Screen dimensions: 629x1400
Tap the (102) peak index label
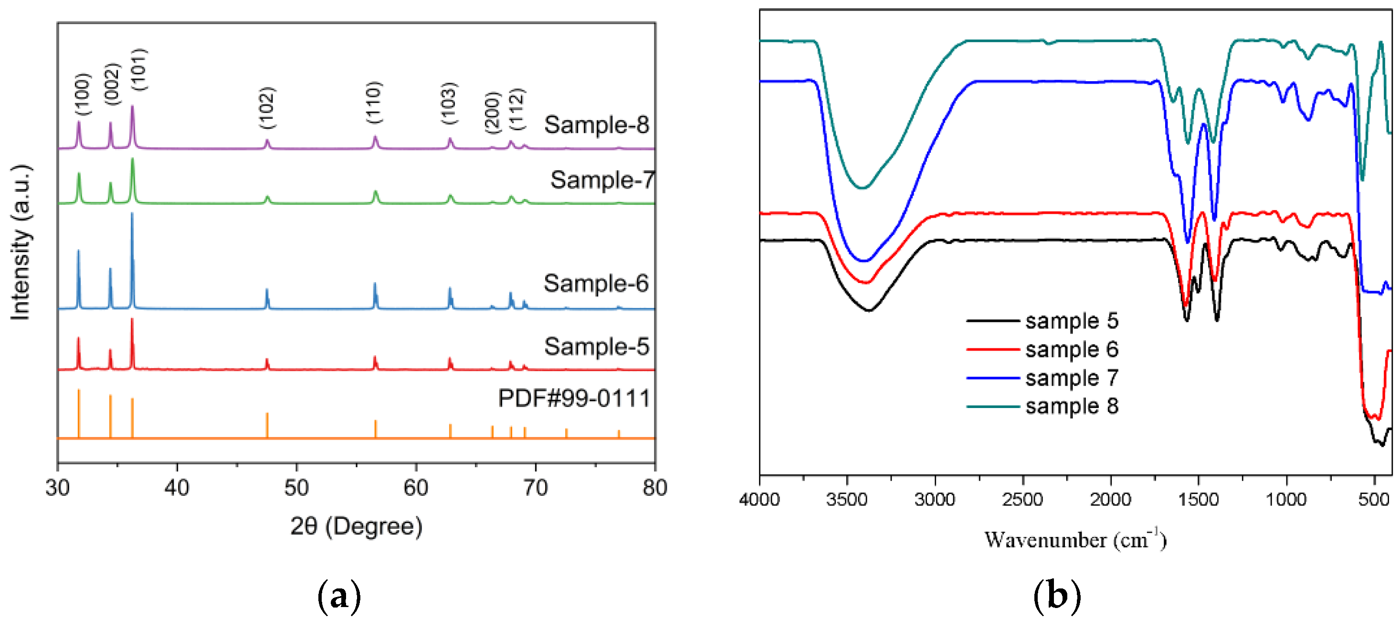[267, 107]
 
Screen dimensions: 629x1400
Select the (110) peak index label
[374, 102]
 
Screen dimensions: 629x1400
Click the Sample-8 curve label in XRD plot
[596, 125]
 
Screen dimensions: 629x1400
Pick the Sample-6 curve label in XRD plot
[596, 283]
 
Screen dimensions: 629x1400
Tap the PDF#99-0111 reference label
[574, 398]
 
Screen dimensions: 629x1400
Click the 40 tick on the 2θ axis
[177, 488]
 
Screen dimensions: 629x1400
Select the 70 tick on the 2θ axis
[536, 488]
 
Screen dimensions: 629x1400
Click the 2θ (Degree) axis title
[356, 526]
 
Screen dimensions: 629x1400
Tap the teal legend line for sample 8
[992, 406]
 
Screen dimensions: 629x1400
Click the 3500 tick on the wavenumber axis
[847, 499]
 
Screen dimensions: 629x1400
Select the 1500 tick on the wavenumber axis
[1198, 499]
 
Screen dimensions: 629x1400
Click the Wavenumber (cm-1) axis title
[1075, 539]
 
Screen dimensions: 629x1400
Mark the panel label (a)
[339, 597]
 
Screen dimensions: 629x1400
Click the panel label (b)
[1056, 597]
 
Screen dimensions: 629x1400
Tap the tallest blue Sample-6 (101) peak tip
[132, 213]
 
